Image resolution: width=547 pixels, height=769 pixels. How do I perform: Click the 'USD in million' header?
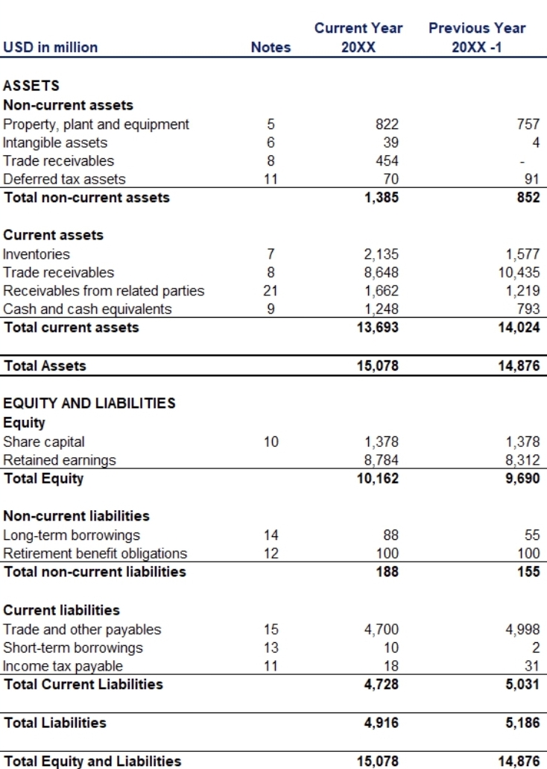pos(50,47)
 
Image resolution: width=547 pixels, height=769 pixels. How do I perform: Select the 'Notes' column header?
pos(271,47)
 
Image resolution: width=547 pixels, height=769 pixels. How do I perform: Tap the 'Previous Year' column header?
pos(477,28)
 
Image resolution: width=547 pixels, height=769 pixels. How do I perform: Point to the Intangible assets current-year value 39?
pos(392,142)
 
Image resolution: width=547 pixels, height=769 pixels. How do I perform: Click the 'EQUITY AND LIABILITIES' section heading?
pos(89,404)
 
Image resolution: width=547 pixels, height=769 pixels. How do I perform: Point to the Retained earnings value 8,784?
pos(383,460)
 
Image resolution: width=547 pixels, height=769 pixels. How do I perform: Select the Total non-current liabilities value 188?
pos(388,572)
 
